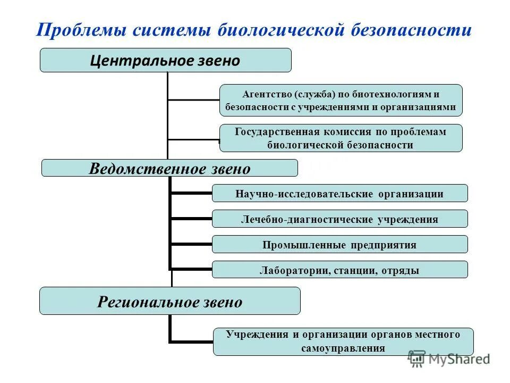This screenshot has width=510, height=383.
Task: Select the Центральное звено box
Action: tap(165, 60)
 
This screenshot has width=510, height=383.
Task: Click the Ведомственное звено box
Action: tap(169, 169)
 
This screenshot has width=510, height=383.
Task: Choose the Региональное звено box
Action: tap(169, 302)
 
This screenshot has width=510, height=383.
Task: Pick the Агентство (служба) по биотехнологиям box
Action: tap(341, 101)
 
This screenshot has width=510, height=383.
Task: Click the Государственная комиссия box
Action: tap(341, 138)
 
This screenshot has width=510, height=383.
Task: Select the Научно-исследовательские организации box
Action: tap(339, 193)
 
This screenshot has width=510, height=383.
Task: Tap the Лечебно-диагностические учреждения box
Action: tap(339, 219)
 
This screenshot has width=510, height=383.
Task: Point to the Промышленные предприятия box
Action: tap(339, 244)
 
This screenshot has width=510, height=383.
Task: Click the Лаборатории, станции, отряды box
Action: tap(339, 270)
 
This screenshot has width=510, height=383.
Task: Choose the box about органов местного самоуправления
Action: tap(343, 342)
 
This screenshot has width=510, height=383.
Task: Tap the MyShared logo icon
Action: tap(417, 359)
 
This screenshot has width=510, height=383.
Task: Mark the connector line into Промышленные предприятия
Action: tap(191, 244)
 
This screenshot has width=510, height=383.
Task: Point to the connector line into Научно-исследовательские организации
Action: tap(191, 193)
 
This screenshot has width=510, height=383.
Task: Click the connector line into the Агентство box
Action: tap(194, 99)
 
